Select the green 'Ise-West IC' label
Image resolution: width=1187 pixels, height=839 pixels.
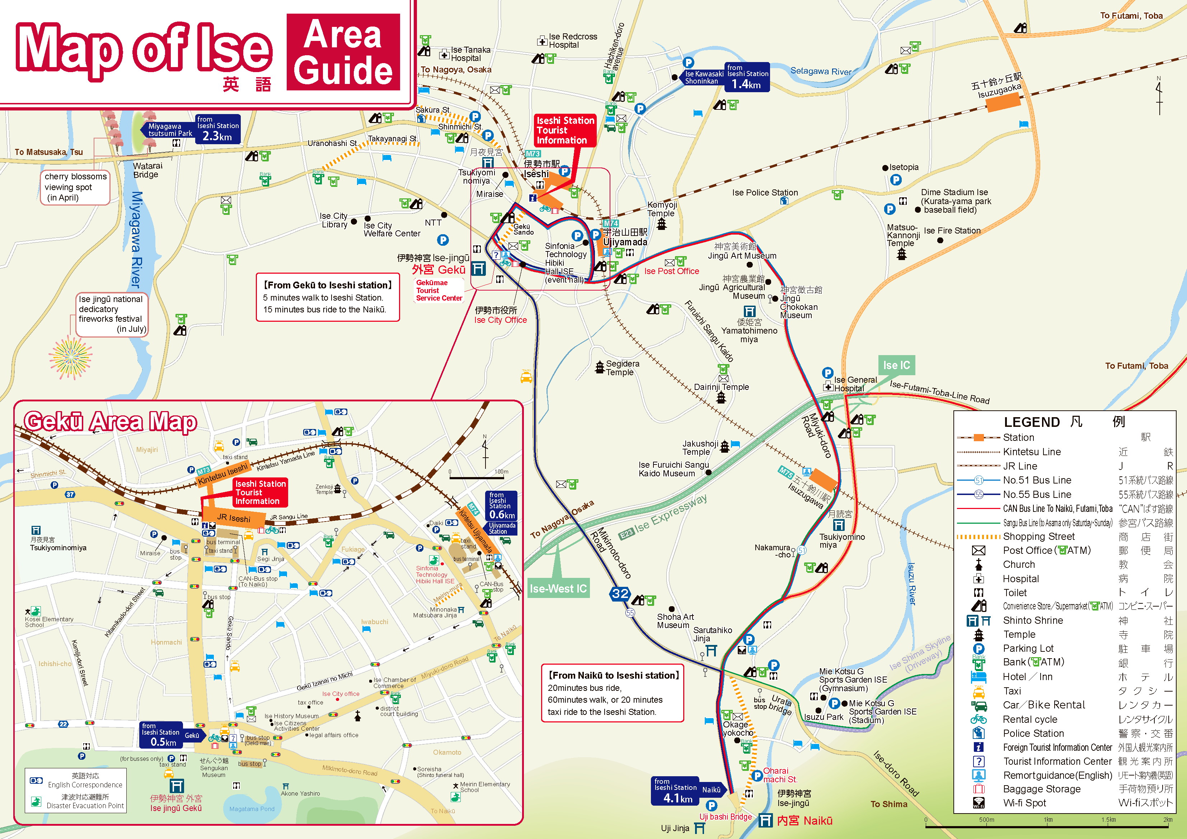click(558, 588)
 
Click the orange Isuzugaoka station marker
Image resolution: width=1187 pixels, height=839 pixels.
click(1004, 103)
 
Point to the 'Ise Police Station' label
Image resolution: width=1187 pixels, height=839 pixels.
click(765, 193)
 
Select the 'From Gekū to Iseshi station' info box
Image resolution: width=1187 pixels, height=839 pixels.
click(328, 297)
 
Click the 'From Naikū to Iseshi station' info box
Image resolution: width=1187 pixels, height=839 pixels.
click(613, 693)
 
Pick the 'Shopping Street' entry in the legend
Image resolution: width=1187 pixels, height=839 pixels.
click(1038, 537)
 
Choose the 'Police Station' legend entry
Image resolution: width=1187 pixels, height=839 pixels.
click(1033, 733)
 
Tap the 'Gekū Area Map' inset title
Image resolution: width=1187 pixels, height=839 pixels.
click(110, 422)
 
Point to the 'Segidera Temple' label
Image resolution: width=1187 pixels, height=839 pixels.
click(622, 368)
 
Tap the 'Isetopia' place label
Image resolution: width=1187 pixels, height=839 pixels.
click(903, 168)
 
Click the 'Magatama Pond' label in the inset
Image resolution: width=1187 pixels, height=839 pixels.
click(252, 809)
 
